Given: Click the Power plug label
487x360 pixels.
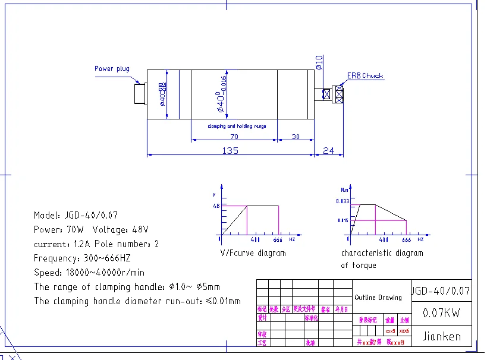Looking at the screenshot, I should click(112, 68).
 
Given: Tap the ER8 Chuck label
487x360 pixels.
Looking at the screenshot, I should click(365, 76).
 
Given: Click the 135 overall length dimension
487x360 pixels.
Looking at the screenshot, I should click(230, 150).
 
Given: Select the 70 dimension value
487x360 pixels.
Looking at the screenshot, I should click(234, 136).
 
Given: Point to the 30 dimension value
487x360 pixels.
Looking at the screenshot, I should click(296, 136).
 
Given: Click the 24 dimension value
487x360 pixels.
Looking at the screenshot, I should click(329, 150).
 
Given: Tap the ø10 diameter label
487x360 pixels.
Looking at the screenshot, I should click(319, 62).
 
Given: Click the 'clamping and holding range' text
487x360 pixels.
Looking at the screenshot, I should click(237, 126).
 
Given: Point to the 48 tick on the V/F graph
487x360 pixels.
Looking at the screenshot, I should click(215, 206).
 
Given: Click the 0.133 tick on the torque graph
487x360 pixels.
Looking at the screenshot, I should click(343, 201).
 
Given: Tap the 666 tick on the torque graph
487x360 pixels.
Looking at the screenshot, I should click(406, 240).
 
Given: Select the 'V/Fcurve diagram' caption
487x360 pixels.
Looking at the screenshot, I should click(253, 253).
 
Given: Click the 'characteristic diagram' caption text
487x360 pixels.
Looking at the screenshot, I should click(382, 253).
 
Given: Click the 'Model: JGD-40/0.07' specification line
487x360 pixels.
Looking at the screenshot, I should click(79, 215).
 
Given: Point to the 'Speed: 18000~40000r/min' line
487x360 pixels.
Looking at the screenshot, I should click(89, 273).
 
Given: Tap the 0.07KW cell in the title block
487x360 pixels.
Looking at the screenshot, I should click(441, 313).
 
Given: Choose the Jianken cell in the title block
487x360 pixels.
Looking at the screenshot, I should click(441, 336).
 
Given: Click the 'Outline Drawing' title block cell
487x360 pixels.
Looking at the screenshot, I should click(378, 298).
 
